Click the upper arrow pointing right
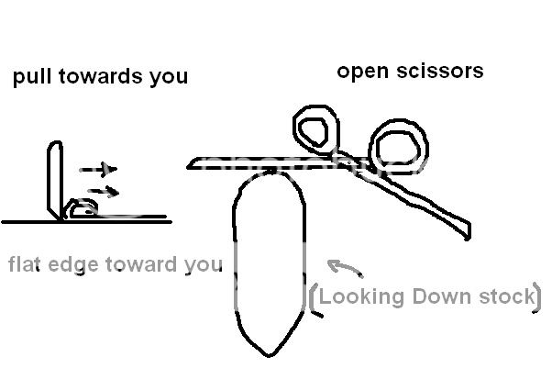coord(97,169)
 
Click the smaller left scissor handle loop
coord(315,129)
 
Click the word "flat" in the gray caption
coord(27,265)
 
